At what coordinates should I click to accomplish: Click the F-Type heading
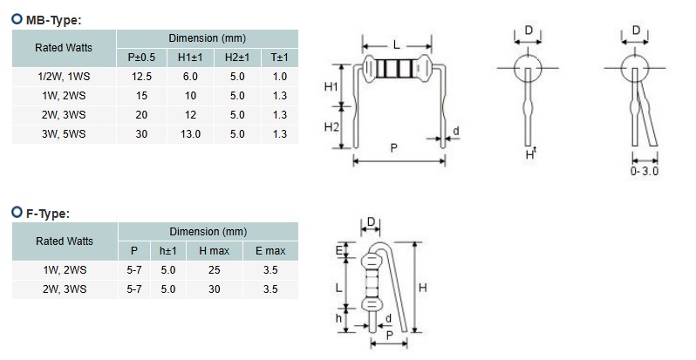point(48,213)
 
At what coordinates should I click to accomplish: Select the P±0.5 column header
point(140,58)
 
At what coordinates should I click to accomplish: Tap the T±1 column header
point(279,58)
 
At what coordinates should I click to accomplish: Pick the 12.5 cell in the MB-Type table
point(140,77)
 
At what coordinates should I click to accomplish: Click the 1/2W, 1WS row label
point(64,77)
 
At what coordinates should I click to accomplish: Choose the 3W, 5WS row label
point(64,134)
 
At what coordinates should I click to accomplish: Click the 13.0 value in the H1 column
point(189,134)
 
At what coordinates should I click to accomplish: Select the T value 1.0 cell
point(279,77)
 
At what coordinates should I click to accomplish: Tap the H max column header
point(214,251)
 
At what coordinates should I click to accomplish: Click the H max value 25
point(214,270)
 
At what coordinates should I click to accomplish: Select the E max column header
point(270,251)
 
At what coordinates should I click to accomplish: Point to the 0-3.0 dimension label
point(644,173)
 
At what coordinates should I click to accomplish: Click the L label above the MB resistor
point(397,44)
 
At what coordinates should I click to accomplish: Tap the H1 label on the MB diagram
point(331,87)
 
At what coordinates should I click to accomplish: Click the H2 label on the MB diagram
point(331,127)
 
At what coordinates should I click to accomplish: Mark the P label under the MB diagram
point(394,149)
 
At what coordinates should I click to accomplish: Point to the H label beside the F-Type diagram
point(423,287)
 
